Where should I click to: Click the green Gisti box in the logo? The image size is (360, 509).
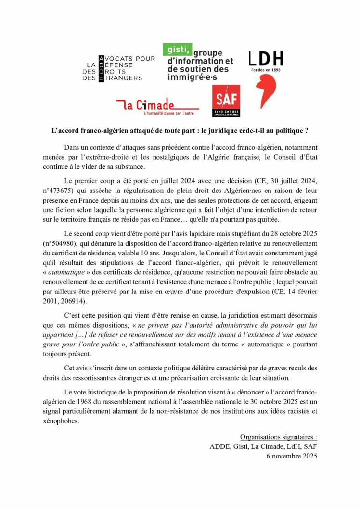click(178, 49)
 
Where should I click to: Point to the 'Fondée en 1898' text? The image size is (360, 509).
click(265, 69)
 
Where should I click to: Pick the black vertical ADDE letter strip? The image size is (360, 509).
click(101, 68)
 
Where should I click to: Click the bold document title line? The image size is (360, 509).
click(180, 130)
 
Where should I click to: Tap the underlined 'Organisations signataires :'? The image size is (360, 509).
click(278, 437)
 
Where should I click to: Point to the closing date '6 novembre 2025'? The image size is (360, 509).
click(292, 456)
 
